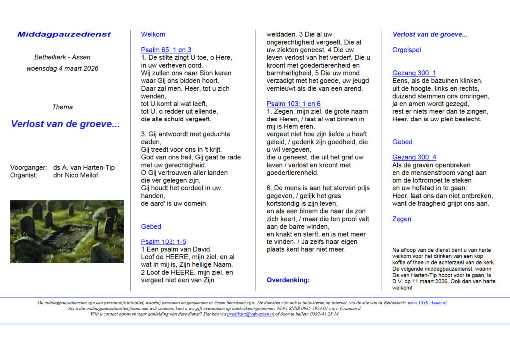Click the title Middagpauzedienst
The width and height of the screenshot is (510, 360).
(x=64, y=34)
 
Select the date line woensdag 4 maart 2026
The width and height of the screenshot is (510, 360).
(x=62, y=68)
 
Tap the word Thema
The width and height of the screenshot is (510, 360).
(x=62, y=107)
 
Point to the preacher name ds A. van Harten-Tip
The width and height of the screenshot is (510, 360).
(x=84, y=167)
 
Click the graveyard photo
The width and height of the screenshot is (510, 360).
(x=67, y=232)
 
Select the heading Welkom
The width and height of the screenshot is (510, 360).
(x=153, y=34)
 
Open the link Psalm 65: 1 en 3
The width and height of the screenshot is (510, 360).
(x=166, y=50)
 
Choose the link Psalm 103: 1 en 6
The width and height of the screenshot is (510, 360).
(x=294, y=104)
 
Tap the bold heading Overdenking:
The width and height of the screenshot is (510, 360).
(x=288, y=280)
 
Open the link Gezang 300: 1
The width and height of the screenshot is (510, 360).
(x=414, y=73)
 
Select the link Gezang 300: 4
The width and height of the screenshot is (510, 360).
(x=414, y=157)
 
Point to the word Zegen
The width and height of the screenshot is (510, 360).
(x=402, y=219)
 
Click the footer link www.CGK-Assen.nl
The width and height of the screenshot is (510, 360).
(x=427, y=303)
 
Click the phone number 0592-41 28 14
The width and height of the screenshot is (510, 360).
(x=323, y=314)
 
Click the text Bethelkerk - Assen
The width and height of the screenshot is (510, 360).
(x=62, y=57)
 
